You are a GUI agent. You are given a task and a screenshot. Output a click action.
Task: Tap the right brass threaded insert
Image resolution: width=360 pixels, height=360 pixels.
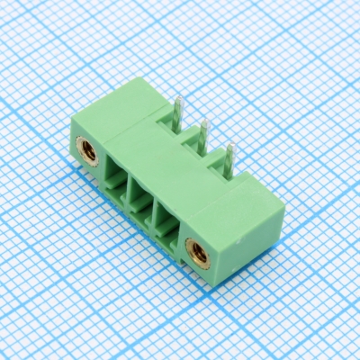pyautogui.click(x=196, y=252)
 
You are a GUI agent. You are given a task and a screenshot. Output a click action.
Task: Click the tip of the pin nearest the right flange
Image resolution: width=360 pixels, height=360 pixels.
pyautogui.click(x=231, y=147)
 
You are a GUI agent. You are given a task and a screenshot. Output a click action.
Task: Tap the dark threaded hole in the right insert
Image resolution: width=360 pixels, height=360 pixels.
pyautogui.click(x=196, y=252)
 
